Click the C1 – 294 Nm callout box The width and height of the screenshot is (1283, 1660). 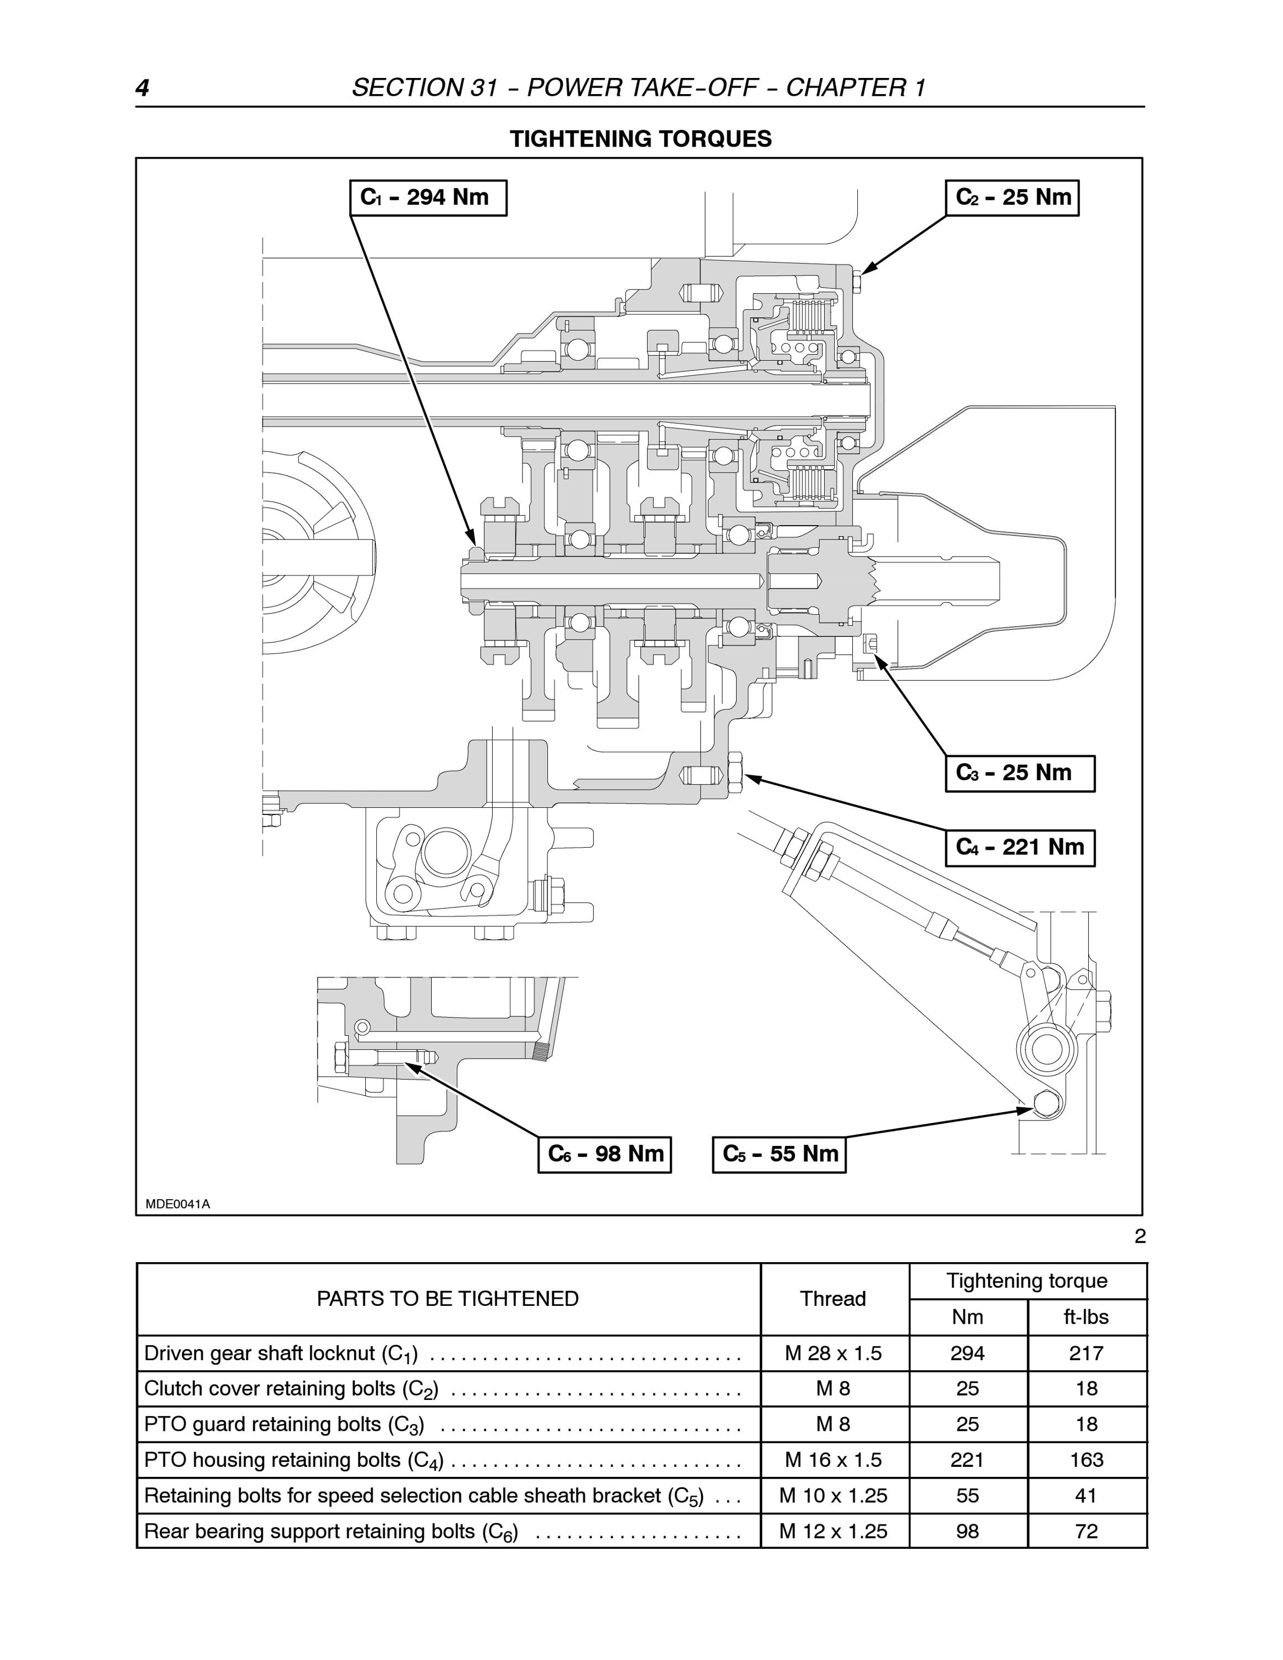click(x=428, y=198)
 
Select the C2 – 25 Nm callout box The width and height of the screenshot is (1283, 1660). click(x=1012, y=198)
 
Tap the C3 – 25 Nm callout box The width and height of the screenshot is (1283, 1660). click(x=1020, y=773)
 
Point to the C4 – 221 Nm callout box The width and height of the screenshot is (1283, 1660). click(x=1020, y=848)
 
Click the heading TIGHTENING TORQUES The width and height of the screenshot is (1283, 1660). click(x=641, y=138)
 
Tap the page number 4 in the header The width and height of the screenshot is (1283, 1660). click(x=142, y=88)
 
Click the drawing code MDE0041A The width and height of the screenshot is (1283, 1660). click(x=178, y=1204)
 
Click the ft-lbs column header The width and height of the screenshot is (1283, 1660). click(x=1086, y=1317)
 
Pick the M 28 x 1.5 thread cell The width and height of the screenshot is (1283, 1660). click(x=833, y=1353)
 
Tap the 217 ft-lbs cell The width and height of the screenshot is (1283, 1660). click(x=1086, y=1353)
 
